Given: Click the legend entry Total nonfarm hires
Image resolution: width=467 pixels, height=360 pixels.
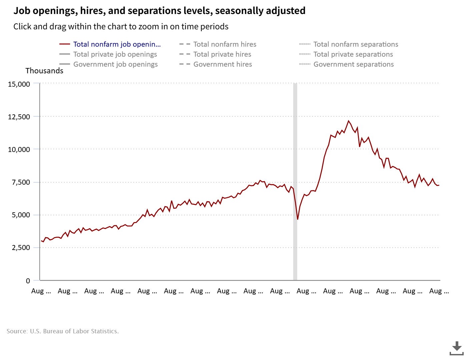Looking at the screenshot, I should click(x=224, y=44).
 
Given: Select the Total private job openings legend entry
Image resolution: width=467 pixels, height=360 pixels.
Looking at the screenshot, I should click(x=115, y=54).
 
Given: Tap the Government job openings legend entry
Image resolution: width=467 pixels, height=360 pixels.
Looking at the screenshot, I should click(x=115, y=64).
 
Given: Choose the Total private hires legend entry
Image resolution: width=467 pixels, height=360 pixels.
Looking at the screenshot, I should click(x=222, y=54).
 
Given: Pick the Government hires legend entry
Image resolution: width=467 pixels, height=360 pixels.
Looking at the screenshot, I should click(x=222, y=64).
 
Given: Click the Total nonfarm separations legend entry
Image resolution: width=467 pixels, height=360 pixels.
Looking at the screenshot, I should click(x=356, y=44).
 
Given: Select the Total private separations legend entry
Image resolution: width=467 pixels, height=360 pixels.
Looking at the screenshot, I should click(x=353, y=54).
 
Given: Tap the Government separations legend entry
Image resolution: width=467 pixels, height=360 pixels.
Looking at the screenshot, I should click(x=354, y=64).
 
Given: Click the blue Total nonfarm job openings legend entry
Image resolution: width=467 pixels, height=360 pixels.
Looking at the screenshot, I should click(x=117, y=44).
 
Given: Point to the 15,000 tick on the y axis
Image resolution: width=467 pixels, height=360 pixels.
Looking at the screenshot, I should click(x=19, y=84).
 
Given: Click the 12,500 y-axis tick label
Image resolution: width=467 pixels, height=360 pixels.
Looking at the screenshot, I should click(x=19, y=117).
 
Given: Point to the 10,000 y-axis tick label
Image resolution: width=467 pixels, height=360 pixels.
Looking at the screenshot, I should click(x=19, y=149).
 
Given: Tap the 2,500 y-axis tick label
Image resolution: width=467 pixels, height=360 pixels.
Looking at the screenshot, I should click(x=21, y=248).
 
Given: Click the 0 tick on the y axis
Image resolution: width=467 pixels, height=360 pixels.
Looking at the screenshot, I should click(x=28, y=281).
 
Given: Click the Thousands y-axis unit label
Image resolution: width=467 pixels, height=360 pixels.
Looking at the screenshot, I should click(x=44, y=71).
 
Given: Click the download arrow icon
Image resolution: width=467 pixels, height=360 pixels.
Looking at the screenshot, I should click(x=457, y=348).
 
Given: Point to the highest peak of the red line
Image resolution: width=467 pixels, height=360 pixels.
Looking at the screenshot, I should click(x=349, y=121).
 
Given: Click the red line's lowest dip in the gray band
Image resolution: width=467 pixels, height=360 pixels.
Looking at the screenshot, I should click(x=298, y=219).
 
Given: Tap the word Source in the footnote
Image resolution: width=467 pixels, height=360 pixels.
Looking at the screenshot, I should click(x=17, y=331).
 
